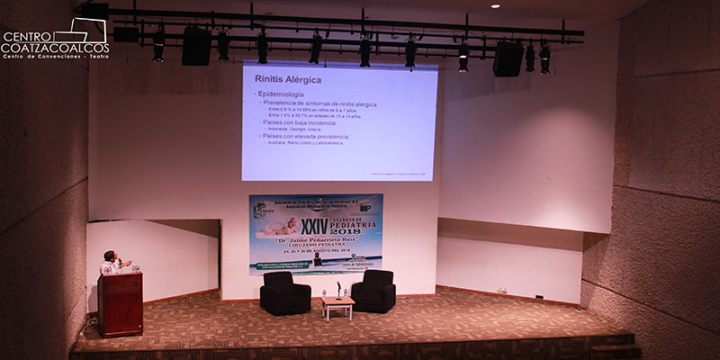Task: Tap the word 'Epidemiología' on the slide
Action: click(281, 94)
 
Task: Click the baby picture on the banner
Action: click(274, 226)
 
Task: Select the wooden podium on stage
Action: click(121, 303)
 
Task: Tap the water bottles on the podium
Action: click(135, 268)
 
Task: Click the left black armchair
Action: click(284, 293)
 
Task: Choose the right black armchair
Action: click(373, 291)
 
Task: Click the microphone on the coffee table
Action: click(338, 290)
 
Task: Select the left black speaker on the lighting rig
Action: click(196, 46)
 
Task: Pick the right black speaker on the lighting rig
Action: click(508, 58)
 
